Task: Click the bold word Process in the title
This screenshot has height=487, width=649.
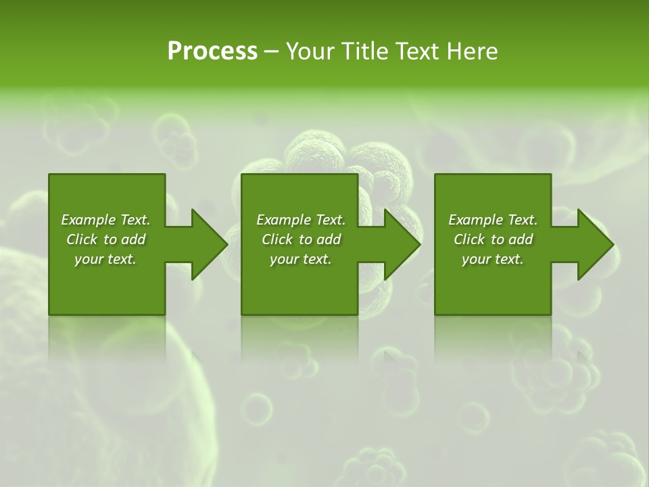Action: [212, 51]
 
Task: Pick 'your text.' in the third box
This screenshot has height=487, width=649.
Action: [492, 259]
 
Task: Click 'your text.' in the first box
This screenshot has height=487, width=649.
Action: [105, 259]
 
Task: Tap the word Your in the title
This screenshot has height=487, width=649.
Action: [309, 51]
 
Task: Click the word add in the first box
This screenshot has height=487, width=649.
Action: [133, 239]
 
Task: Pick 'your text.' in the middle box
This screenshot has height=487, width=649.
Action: [300, 259]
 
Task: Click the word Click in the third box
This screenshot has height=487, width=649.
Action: [468, 239]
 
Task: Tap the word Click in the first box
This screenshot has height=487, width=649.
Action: [81, 239]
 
